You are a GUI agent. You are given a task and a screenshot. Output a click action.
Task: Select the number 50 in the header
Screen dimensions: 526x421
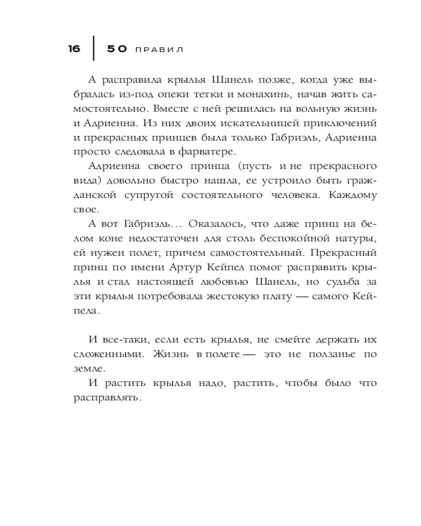(117, 49)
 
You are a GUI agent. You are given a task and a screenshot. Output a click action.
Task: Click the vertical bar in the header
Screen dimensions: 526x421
(94, 49)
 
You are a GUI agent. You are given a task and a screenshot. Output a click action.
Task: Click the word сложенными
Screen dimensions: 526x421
(109, 353)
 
